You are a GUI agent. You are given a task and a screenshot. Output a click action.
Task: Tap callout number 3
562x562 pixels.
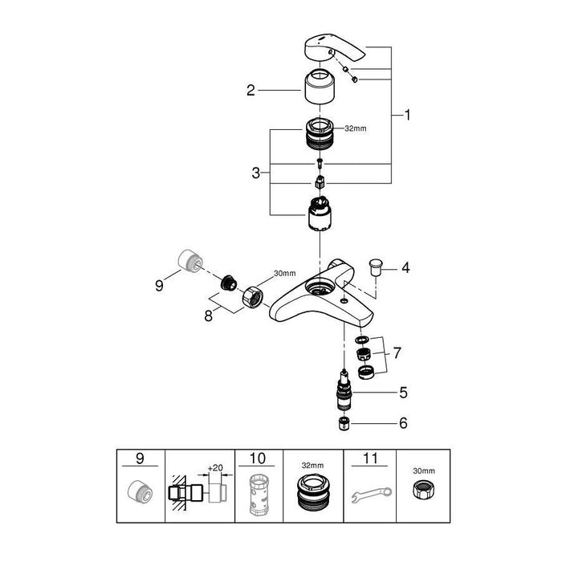point(255,173)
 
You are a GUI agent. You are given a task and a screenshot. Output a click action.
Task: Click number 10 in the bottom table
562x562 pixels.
point(257,458)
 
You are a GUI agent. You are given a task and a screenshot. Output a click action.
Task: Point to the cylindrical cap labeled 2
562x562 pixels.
point(321,88)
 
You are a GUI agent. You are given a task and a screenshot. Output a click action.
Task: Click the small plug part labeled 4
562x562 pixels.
point(375,264)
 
